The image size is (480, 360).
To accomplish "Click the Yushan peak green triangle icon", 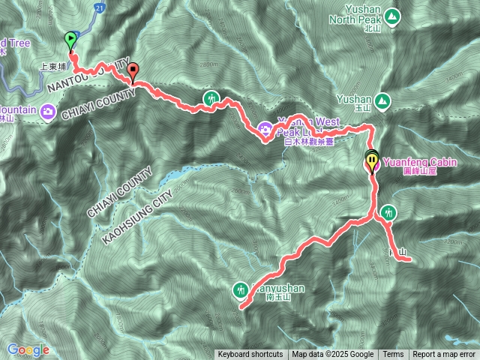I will coord(382,100).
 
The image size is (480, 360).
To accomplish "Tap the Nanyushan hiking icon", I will coord(241,287).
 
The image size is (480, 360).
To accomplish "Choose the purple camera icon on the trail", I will coord(265,130).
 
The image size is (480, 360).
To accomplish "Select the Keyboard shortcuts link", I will coord(250,355).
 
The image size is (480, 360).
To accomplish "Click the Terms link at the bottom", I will coord(393,355).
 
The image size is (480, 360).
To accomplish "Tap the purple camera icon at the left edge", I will coord(49,112).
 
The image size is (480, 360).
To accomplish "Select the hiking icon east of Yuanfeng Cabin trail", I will coord(387,212).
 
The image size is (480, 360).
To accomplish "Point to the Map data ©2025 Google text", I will coord(332,355).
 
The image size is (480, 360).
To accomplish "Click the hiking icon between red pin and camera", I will coord(211,97).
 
